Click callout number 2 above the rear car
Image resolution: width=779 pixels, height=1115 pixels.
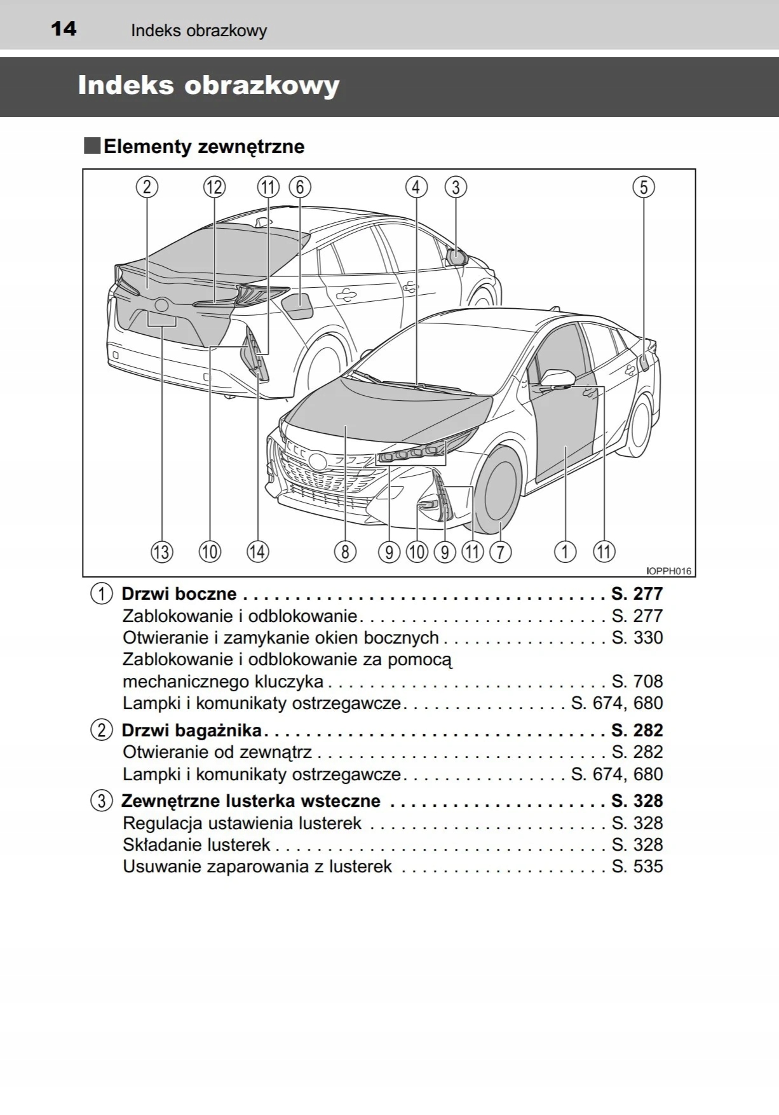pos(147,187)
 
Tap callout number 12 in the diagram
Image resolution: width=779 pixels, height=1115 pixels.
pos(214,187)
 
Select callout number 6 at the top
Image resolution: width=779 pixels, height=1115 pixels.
pos(300,187)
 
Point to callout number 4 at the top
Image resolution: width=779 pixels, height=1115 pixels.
pos(416,187)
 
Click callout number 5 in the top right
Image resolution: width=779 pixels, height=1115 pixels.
pos(643,187)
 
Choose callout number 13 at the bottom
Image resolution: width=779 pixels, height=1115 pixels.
pos(161,551)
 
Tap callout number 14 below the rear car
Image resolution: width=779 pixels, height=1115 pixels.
pos(257,551)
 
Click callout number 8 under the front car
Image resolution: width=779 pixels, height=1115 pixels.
pos(345,551)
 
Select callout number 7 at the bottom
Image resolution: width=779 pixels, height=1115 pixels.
pos(500,551)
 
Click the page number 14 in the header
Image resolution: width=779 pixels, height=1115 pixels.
pos(64,29)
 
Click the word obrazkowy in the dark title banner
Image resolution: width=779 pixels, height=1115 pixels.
pos(262,86)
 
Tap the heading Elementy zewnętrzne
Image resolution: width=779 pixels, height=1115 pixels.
pos(203,147)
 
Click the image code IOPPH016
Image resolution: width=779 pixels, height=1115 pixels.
pos(668,571)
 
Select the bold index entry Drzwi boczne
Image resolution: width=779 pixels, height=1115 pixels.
pos(179,594)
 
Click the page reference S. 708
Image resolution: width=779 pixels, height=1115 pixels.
pos(637,682)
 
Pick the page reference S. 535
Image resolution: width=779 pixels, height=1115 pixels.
pos(637,867)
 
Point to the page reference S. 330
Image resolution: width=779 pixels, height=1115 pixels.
pos(637,638)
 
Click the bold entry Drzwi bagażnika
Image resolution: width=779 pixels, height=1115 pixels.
pos(191,731)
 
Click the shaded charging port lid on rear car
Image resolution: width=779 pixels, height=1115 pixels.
pos(297,305)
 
